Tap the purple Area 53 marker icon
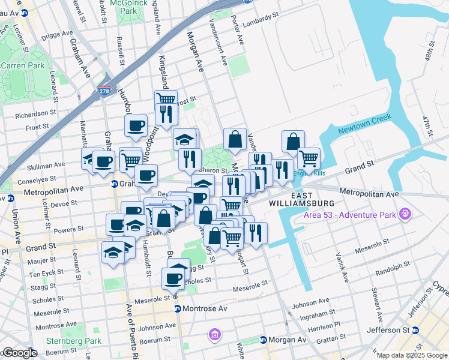tap(406, 213)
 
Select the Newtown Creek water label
tap(364, 123)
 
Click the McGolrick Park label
tap(128, 7)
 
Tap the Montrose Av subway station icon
tap(178, 308)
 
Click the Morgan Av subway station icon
tap(263, 340)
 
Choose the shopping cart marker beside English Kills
tap(309, 158)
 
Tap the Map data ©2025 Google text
tap(412, 355)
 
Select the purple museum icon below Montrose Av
tap(214, 334)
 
